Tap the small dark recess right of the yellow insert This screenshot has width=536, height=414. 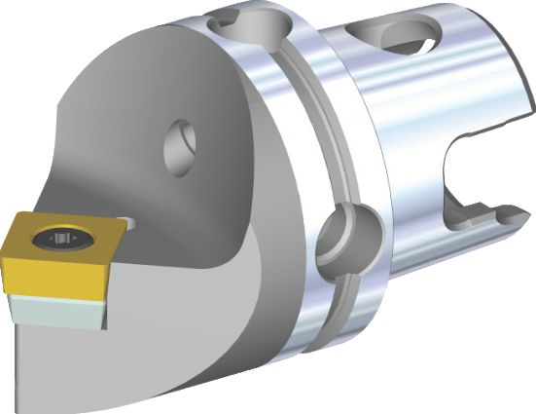coord(130,226)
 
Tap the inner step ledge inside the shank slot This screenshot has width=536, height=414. coord(477,200)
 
